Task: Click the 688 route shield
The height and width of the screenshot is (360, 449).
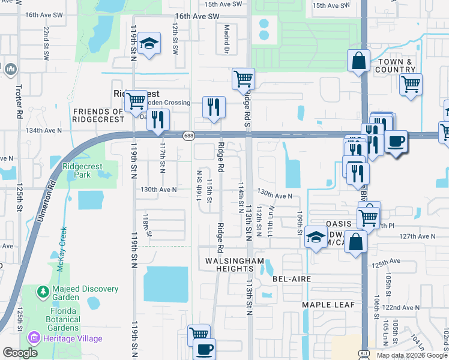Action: (188, 135)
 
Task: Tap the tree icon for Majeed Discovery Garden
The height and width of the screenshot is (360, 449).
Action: (43, 292)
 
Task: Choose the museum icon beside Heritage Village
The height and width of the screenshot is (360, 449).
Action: (33, 338)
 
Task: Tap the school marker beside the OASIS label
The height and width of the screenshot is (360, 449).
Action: (316, 236)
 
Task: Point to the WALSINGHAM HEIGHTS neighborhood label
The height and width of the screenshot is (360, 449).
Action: (235, 265)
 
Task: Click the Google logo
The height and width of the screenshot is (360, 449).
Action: (20, 353)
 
